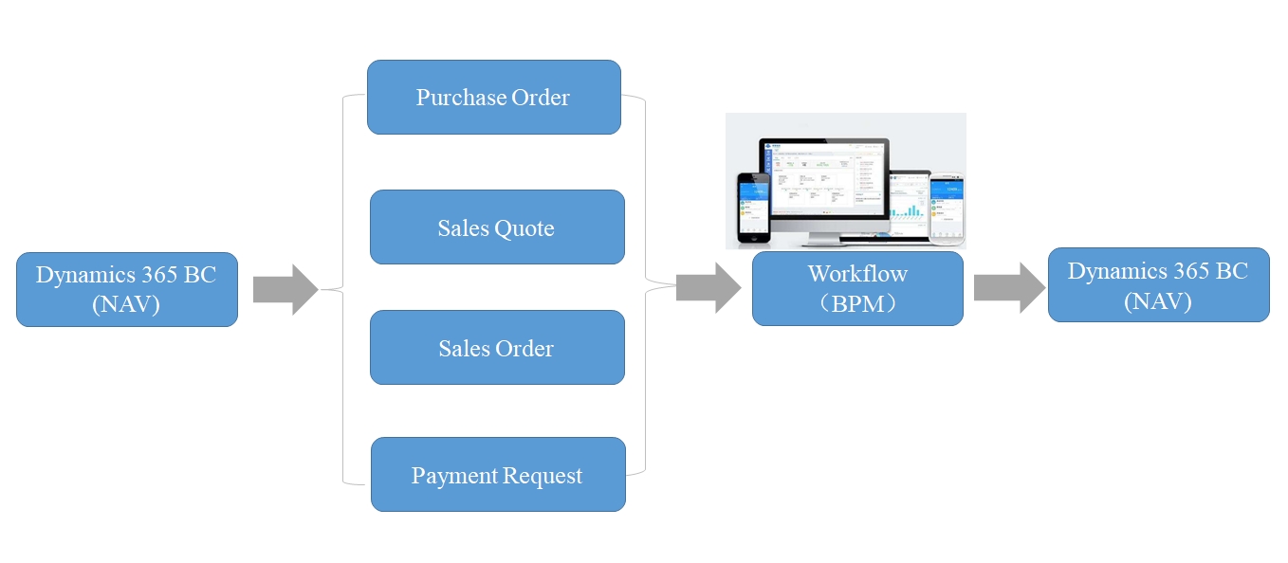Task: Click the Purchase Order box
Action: pyautogui.click(x=493, y=97)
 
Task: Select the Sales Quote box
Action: pyautogui.click(x=497, y=227)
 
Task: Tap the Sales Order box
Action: pyautogui.click(x=497, y=347)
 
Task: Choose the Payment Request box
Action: pyautogui.click(x=497, y=474)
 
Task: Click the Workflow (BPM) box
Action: pyautogui.click(x=857, y=288)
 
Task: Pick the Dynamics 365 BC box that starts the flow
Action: pyautogui.click(x=126, y=289)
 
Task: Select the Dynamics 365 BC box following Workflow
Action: pyautogui.click(x=1158, y=285)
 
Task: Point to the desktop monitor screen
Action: pyautogui.click(x=823, y=178)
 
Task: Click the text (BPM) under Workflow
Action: pyautogui.click(x=858, y=302)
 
